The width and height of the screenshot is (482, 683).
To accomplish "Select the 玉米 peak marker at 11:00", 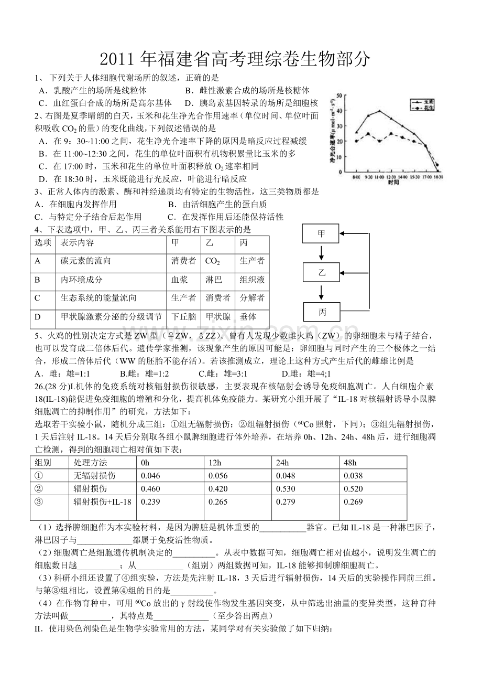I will point(379,111).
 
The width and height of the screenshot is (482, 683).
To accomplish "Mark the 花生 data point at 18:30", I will point(437,165).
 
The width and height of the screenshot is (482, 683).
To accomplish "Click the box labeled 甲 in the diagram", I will point(321,234).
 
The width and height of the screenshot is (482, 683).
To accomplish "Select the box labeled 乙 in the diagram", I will point(321,272).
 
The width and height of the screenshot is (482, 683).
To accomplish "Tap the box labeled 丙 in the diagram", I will point(321,312).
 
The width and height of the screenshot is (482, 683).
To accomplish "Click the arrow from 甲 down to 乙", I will point(321,253).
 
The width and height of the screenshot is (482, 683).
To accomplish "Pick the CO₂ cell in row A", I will point(212,261).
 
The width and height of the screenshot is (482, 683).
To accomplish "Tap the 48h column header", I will point(350,463).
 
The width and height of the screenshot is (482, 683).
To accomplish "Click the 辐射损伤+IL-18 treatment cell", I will point(103,502).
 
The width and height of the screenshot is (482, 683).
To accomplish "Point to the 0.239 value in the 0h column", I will point(147,502).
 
